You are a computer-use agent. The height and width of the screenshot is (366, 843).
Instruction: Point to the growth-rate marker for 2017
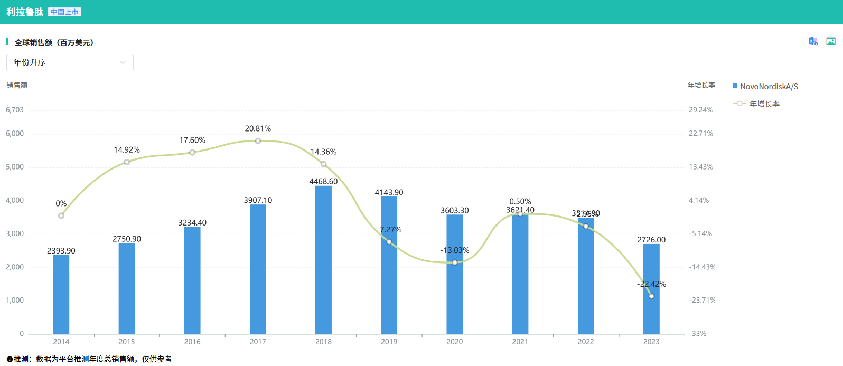[258, 141]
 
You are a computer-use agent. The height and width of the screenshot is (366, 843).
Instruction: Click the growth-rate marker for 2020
[454, 262]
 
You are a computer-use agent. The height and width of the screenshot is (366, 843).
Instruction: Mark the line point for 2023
[651, 296]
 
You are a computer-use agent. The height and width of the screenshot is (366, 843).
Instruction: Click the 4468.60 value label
[323, 182]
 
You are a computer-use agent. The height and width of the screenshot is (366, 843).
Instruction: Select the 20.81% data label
[258, 129]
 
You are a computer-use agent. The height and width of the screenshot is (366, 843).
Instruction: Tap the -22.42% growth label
[651, 284]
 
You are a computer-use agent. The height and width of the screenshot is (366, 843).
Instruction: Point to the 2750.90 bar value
[127, 239]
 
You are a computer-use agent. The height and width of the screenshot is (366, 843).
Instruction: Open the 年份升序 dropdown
[70, 62]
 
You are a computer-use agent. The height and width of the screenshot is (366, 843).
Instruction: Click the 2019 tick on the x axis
[389, 342]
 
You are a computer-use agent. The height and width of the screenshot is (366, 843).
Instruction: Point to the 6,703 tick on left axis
[15, 110]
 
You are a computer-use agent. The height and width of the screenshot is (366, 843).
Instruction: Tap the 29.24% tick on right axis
[701, 110]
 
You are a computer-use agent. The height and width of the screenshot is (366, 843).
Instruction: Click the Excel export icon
[813, 42]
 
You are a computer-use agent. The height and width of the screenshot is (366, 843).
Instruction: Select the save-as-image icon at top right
[831, 42]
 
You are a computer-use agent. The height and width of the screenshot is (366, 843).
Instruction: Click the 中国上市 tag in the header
[65, 12]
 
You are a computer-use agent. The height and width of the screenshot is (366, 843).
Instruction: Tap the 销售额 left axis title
[17, 85]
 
